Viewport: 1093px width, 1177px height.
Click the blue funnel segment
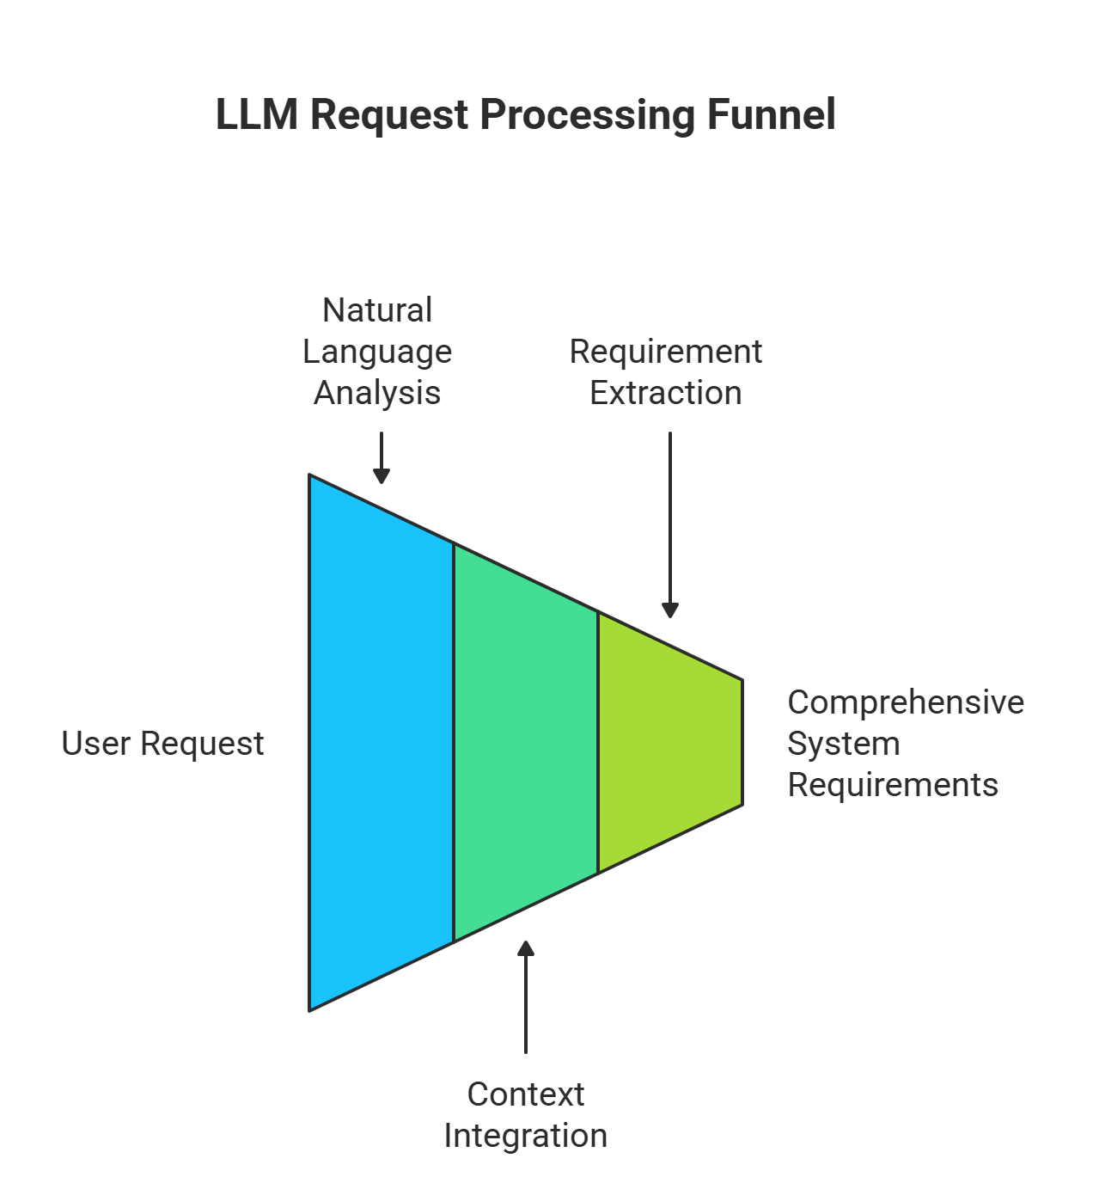point(381,743)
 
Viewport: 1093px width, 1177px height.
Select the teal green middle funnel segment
point(525,743)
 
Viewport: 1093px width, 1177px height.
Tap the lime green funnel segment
point(669,743)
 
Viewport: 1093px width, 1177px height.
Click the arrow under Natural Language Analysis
point(382,457)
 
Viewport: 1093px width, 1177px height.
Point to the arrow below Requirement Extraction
point(670,524)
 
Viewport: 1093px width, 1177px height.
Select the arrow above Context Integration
point(526,997)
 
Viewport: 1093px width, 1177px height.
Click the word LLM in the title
point(257,114)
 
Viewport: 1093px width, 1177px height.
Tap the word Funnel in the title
point(771,114)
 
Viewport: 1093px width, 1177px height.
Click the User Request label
point(162,744)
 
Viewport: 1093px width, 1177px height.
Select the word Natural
point(377,310)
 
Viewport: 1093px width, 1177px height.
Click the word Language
point(377,352)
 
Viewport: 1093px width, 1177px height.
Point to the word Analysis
point(377,393)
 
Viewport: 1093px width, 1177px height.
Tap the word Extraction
point(666,393)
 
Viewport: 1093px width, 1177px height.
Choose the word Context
point(526,1094)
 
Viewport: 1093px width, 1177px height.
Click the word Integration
point(526,1136)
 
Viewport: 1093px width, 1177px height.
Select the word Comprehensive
point(906,702)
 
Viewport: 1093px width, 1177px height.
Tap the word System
point(844,744)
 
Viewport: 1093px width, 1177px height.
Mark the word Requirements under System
point(893,785)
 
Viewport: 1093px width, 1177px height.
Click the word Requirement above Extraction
point(666,352)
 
